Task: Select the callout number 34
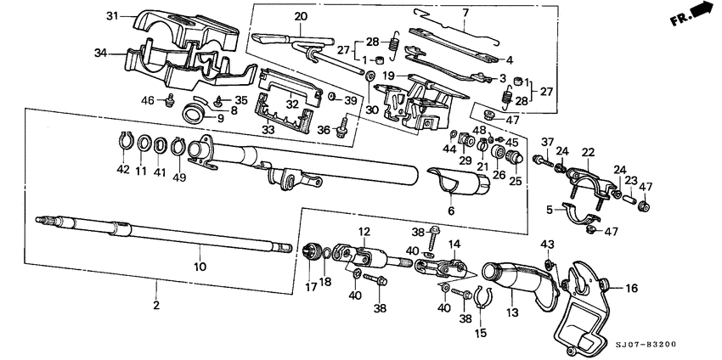tap(101, 53)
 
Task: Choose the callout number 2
tap(156, 304)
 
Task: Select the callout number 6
tap(451, 209)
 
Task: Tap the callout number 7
tap(465, 13)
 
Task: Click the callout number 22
tap(587, 152)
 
